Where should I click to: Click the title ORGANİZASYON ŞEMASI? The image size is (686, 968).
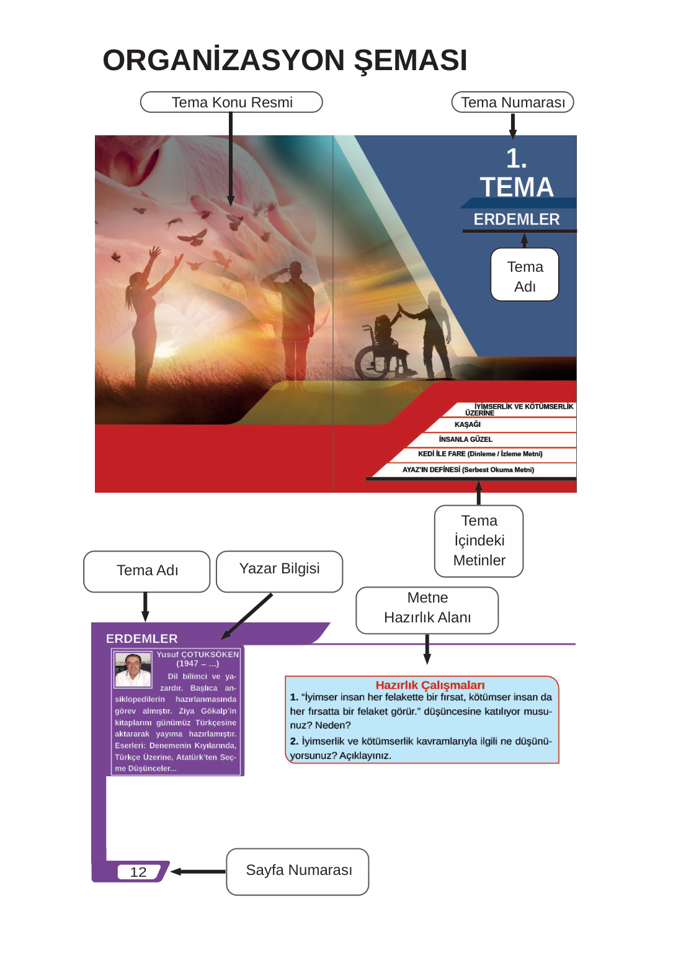click(x=285, y=60)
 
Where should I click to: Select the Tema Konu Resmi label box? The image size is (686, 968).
click(x=231, y=102)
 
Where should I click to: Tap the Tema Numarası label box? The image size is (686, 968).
click(x=512, y=102)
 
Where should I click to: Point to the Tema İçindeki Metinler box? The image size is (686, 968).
click(x=479, y=540)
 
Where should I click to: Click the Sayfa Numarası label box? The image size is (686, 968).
click(x=298, y=871)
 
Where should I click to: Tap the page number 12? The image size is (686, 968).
click(x=138, y=872)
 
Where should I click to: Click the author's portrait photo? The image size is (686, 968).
click(x=133, y=669)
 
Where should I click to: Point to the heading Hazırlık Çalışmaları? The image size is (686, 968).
click(x=430, y=685)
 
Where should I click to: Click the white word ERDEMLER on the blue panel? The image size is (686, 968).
click(x=516, y=220)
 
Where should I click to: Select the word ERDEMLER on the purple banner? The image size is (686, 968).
click(x=141, y=639)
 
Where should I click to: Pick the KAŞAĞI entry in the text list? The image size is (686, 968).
click(x=467, y=424)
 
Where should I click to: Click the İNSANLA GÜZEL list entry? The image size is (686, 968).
click(x=465, y=439)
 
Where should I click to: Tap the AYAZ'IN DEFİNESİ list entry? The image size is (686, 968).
click(x=468, y=470)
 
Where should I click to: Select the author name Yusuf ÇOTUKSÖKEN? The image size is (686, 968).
click(x=197, y=655)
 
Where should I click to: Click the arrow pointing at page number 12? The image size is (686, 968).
click(x=197, y=872)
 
